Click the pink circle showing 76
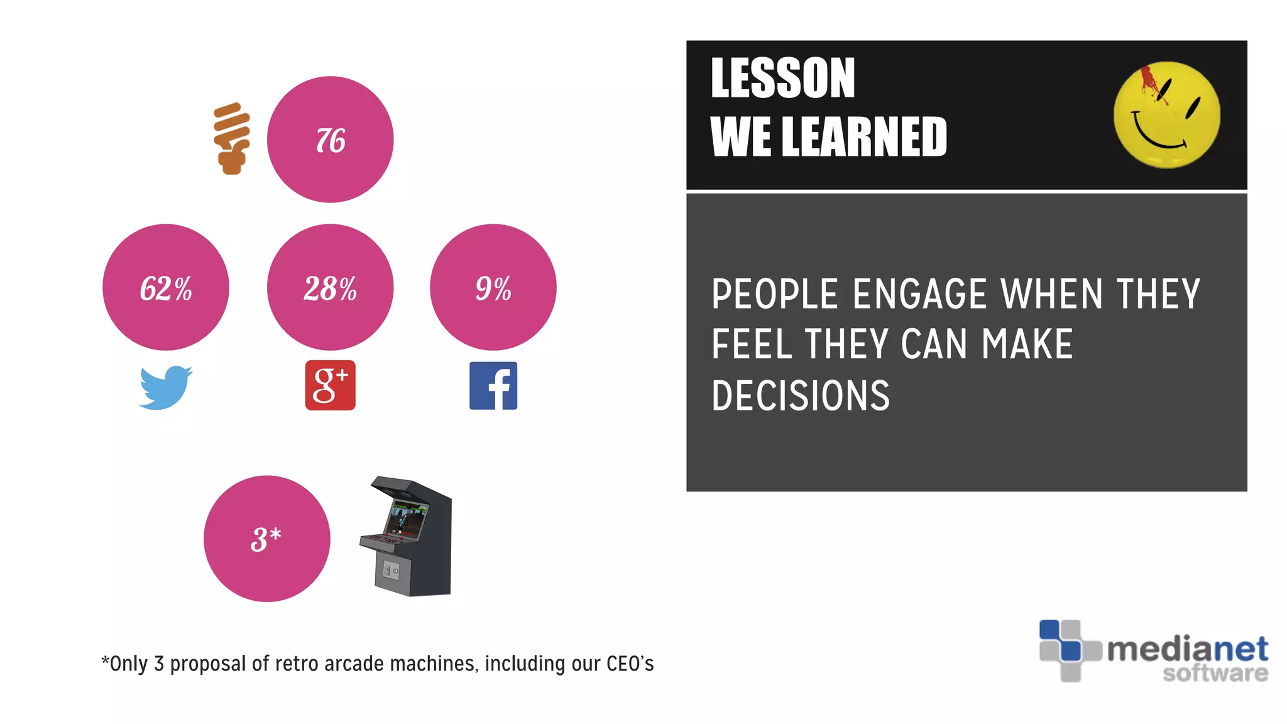click(x=330, y=140)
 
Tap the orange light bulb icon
click(x=231, y=138)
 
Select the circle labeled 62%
click(x=165, y=287)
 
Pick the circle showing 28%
click(x=330, y=287)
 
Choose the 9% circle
click(x=493, y=287)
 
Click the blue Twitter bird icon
click(x=165, y=387)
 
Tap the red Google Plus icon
click(x=330, y=385)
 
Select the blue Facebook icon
click(x=493, y=386)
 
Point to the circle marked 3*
click(x=266, y=539)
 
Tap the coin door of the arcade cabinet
click(x=392, y=571)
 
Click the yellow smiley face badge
click(x=1166, y=115)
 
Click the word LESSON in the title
click(x=782, y=79)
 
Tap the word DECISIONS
click(x=801, y=396)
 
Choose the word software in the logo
click(x=1215, y=673)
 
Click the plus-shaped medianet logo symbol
click(x=1070, y=650)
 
